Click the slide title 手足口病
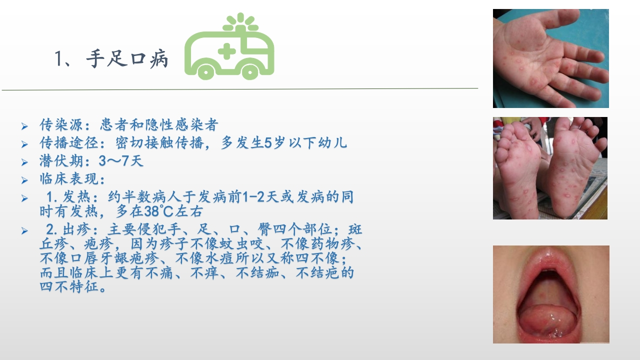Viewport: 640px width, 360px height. pyautogui.click(x=127, y=59)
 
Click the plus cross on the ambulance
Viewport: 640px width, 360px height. pyautogui.click(x=227, y=51)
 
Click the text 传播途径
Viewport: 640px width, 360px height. pyautogui.click(x=69, y=143)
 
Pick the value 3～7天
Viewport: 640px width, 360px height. pyautogui.click(x=121, y=161)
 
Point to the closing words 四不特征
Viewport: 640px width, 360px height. pyautogui.click(x=69, y=286)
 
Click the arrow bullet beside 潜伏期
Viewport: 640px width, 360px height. pyautogui.click(x=24, y=162)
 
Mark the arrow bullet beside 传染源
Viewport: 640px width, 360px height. pyautogui.click(x=24, y=126)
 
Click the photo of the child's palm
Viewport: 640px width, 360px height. pyautogui.click(x=551, y=58)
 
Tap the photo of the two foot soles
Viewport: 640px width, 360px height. pyautogui.click(x=550, y=168)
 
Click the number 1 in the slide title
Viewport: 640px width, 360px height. pyautogui.click(x=58, y=59)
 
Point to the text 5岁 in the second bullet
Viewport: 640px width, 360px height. pyautogui.click(x=275, y=143)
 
